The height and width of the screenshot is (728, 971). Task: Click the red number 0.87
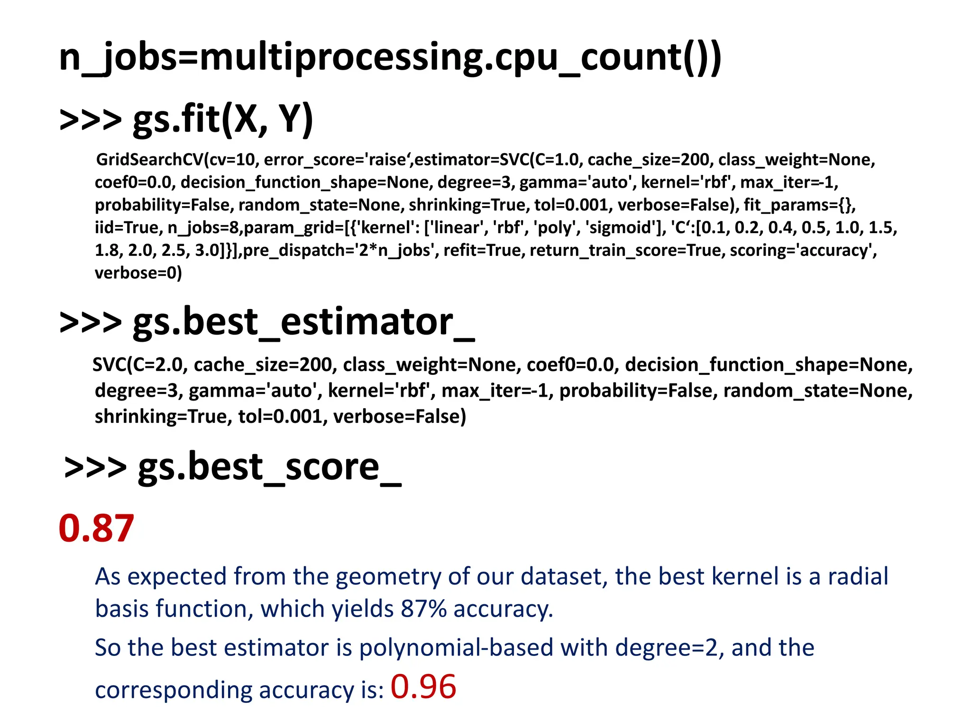coord(96,528)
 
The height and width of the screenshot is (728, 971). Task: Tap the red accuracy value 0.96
coord(423,687)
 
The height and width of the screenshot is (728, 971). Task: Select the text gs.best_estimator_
coord(303,322)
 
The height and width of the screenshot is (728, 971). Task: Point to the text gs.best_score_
coord(269,467)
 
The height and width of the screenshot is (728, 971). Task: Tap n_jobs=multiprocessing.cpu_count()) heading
coord(390,57)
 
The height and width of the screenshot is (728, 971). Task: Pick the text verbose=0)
coord(138,273)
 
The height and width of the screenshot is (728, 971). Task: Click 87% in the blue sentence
coord(423,609)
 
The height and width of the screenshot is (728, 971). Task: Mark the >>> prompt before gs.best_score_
coord(95,467)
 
